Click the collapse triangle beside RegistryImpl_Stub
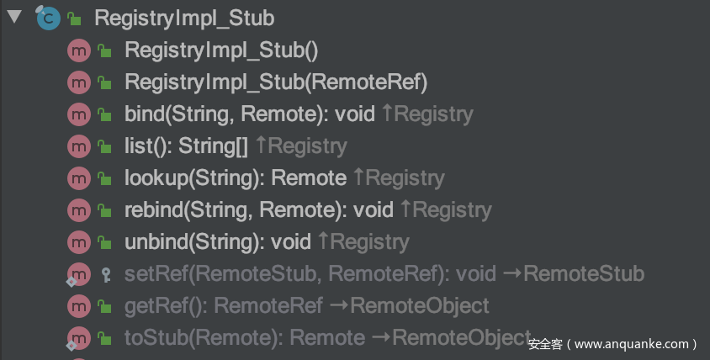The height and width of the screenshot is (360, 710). coord(13,17)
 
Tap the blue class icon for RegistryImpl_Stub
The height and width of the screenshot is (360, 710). coord(48,18)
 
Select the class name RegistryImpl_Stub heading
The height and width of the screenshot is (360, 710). coord(183,18)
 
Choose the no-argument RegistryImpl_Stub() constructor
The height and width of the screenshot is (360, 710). coord(221,50)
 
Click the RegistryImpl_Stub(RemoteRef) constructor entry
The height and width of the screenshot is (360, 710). coord(276,82)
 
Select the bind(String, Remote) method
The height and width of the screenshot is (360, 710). coord(249,114)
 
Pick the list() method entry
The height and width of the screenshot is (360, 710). coord(186,146)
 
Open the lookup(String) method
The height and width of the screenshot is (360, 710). coord(235,177)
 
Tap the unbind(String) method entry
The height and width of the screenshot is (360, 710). coord(217,241)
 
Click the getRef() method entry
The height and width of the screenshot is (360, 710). coord(223,305)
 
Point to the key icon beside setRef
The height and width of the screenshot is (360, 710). coord(105,273)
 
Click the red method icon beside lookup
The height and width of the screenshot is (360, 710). coord(78,177)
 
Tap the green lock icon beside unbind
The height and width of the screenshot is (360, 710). coord(105,242)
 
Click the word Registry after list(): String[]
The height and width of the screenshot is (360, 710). coord(307,146)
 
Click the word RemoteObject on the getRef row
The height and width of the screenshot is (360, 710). coord(420,305)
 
